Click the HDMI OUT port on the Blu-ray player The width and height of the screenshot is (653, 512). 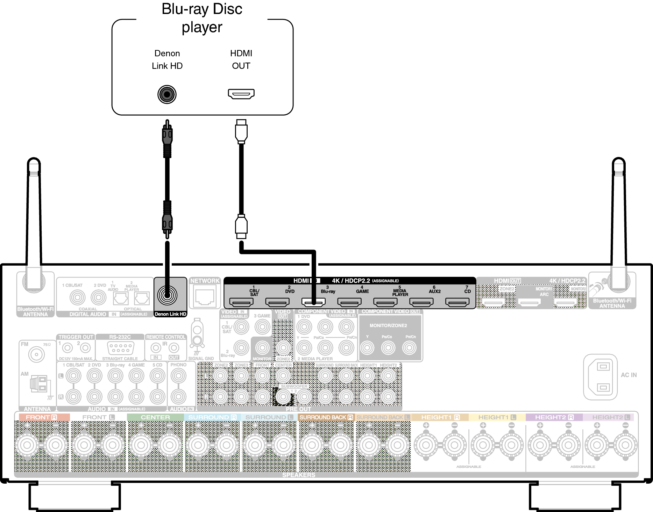pos(241,94)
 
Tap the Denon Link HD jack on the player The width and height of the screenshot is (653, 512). pos(167,94)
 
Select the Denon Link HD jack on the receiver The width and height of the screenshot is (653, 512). pos(167,295)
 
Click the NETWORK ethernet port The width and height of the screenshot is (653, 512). pos(205,297)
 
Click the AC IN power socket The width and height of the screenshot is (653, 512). pos(600,377)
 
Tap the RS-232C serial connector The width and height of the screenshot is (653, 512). pos(120,348)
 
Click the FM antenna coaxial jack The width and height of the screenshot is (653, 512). pos(36,355)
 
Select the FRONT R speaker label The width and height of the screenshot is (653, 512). pos(41,417)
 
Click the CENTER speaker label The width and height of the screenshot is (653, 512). pos(155,417)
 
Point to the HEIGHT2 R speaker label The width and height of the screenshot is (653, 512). pos(554,417)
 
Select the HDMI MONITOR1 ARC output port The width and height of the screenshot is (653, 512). pos(529,302)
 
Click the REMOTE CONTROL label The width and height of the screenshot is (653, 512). pos(166,337)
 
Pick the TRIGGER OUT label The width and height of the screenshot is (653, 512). pos(76,337)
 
